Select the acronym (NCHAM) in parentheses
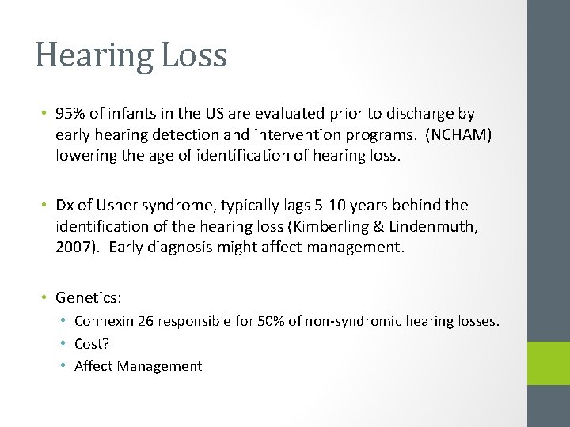(458, 135)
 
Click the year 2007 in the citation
(71, 248)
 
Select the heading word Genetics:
(88, 297)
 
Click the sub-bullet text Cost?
(90, 344)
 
